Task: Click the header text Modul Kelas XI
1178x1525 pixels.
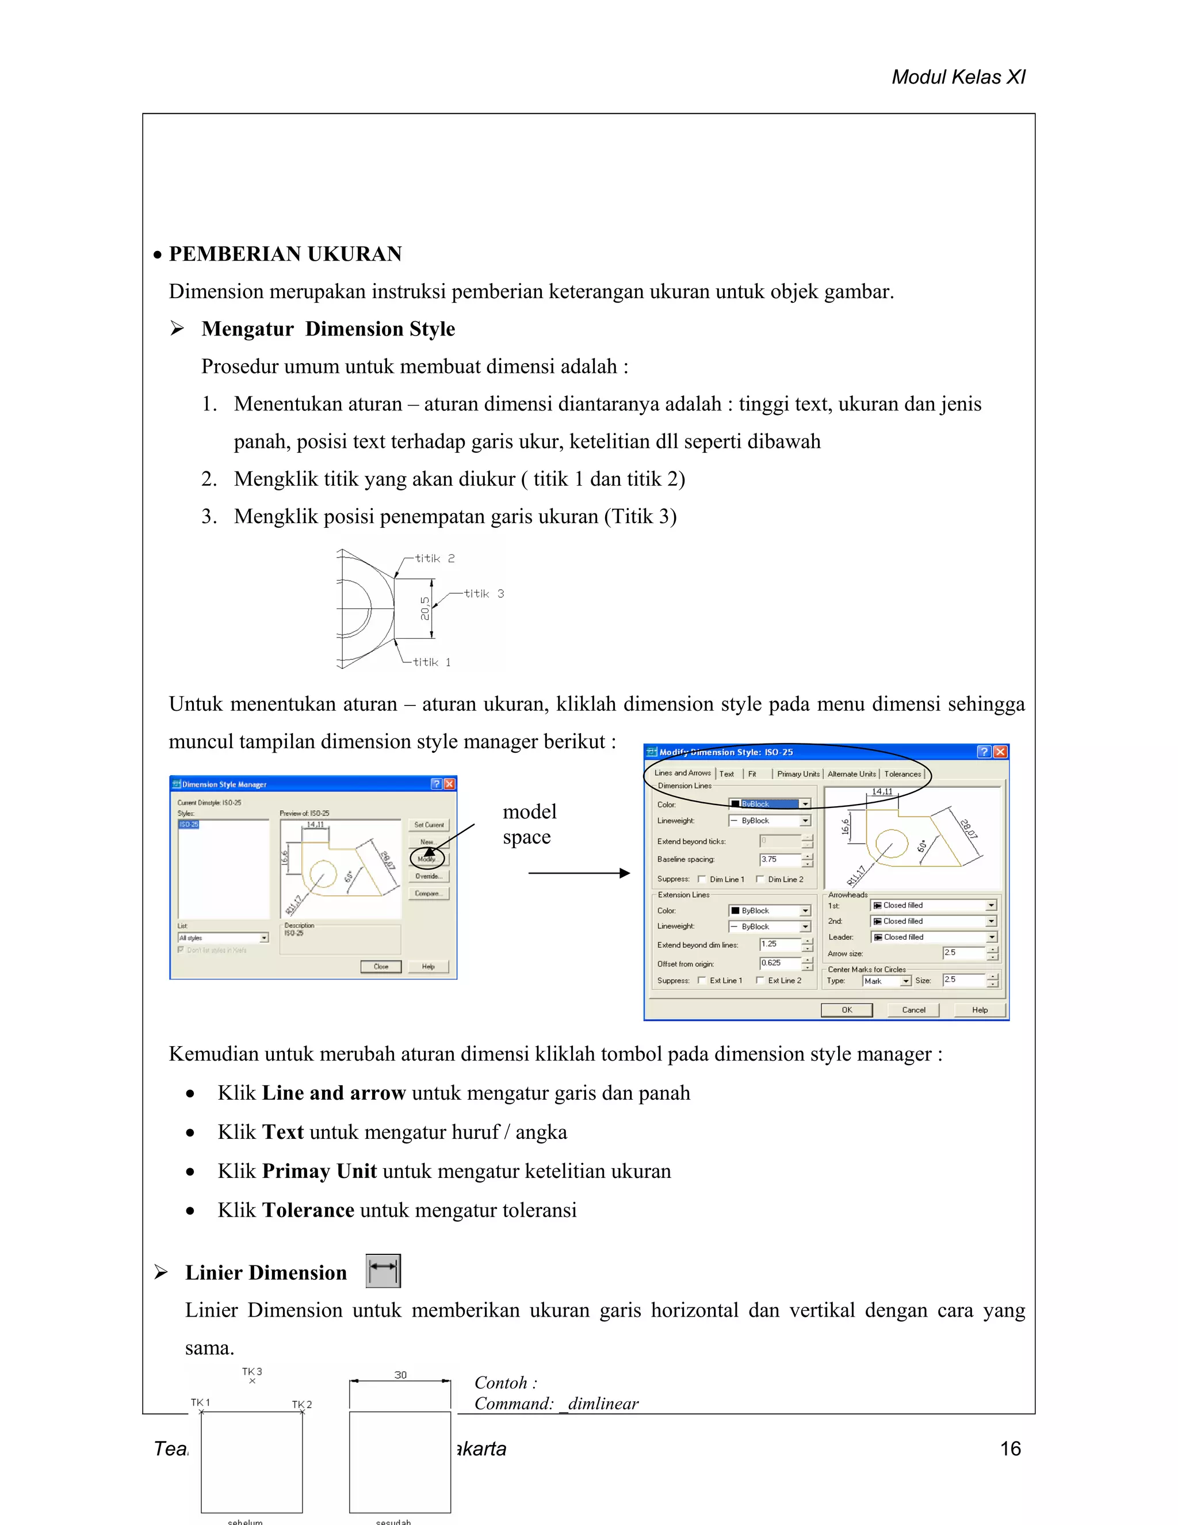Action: pyautogui.click(x=958, y=77)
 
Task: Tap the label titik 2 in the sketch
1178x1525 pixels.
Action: pyautogui.click(x=434, y=558)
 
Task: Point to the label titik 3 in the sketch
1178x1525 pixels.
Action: pyautogui.click(x=484, y=593)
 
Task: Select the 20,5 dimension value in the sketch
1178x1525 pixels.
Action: pyautogui.click(x=424, y=608)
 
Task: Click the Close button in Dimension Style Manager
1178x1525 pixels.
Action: pyautogui.click(x=380, y=966)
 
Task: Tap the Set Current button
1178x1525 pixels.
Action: pyautogui.click(x=429, y=825)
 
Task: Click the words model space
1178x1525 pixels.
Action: pyautogui.click(x=529, y=824)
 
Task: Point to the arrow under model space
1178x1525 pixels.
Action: pyautogui.click(x=579, y=873)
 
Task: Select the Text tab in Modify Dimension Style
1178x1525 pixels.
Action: pyautogui.click(x=726, y=773)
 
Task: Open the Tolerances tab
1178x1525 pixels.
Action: pyautogui.click(x=902, y=773)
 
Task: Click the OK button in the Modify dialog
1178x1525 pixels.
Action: pyautogui.click(x=847, y=1010)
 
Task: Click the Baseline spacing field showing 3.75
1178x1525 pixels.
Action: pyautogui.click(x=779, y=860)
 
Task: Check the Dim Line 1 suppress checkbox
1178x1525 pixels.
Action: pyautogui.click(x=701, y=879)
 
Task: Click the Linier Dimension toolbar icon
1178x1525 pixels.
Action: pyautogui.click(x=383, y=1271)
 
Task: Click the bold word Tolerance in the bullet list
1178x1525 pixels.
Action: pyautogui.click(x=308, y=1210)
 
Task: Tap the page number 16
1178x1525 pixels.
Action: pyautogui.click(x=1010, y=1449)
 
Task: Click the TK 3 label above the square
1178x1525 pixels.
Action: pyautogui.click(x=252, y=1371)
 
